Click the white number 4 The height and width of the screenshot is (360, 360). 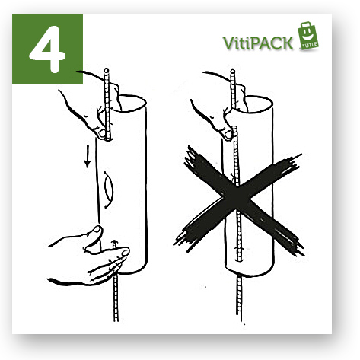pos(48,48)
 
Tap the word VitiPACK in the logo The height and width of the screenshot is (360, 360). pos(258,43)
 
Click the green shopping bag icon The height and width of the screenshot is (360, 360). pos(308,36)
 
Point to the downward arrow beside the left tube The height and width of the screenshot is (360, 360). pos(88,156)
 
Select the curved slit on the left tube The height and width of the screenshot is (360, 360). pos(109,190)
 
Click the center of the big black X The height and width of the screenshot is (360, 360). pos(238,200)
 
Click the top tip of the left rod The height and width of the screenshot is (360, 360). pos(107,70)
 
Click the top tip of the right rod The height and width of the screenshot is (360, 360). pos(233,71)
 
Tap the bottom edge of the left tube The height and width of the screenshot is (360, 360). pos(132,272)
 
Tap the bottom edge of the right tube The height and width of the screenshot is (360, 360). pos(250,274)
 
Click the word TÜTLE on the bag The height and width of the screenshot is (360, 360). pos(310,46)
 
